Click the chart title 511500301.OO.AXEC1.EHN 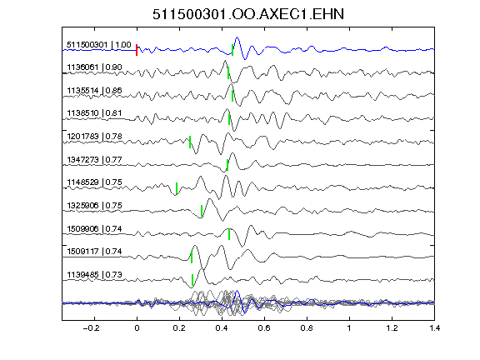(x=248, y=14)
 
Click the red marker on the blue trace (x=137, y=50)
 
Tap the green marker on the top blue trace (x=232, y=50)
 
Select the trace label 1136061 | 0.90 (x=94, y=67)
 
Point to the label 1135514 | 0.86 (x=94, y=90)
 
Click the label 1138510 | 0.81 (x=94, y=113)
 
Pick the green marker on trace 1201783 (x=190, y=142)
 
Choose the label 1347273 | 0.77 (x=94, y=159)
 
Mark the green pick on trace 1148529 (x=177, y=188)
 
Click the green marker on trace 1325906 (x=202, y=211)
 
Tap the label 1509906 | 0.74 (x=94, y=228)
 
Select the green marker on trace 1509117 (x=192, y=257)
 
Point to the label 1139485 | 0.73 (x=94, y=275)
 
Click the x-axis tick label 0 (x=137, y=328)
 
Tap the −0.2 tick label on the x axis (x=92, y=328)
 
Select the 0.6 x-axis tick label (x=264, y=328)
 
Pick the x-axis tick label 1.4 (x=434, y=328)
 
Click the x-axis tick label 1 (x=349, y=328)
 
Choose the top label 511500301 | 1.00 (x=99, y=45)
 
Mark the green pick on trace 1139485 (x=192, y=280)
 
